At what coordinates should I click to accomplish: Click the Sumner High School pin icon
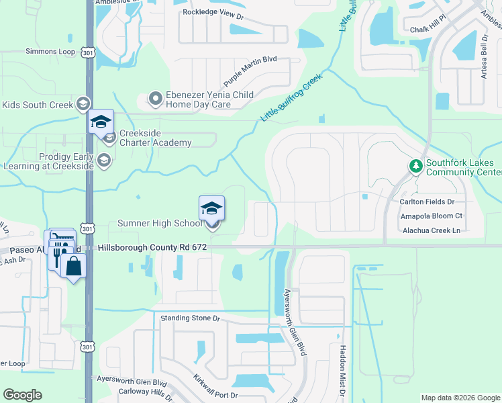click(x=211, y=210)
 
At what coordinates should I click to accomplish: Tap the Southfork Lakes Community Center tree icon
click(x=415, y=165)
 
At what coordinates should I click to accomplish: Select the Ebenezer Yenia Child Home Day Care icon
click(x=156, y=99)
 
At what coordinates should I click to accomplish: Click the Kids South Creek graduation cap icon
click(x=83, y=104)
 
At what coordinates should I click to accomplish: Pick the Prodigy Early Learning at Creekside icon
click(x=103, y=160)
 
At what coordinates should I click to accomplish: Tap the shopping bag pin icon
click(x=73, y=267)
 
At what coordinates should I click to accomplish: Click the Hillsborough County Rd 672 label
click(x=152, y=248)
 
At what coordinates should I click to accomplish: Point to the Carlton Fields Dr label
click(x=427, y=201)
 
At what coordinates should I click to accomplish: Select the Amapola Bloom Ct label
click(x=431, y=216)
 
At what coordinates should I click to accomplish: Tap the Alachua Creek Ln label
click(x=429, y=230)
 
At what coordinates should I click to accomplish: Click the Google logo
click(x=22, y=395)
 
